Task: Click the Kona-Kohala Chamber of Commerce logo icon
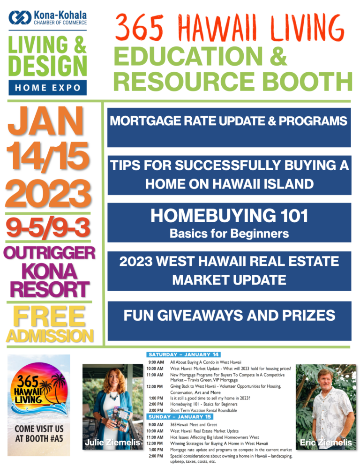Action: (x=20, y=17)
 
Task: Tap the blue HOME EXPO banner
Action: (x=48, y=88)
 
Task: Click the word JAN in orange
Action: (x=46, y=121)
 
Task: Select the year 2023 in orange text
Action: (x=48, y=194)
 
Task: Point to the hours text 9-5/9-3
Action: (x=48, y=228)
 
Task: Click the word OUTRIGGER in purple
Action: (x=49, y=253)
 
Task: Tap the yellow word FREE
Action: (x=49, y=317)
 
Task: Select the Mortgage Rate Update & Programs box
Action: (x=229, y=128)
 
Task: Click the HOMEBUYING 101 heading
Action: (x=229, y=215)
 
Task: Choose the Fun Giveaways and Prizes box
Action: (x=229, y=321)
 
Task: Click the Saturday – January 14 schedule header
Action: (x=183, y=354)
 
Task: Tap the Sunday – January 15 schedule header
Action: (x=180, y=417)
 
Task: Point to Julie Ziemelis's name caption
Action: (x=112, y=442)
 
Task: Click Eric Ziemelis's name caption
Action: (x=326, y=443)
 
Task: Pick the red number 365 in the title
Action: (x=139, y=28)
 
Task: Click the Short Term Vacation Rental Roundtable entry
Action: (x=204, y=410)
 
